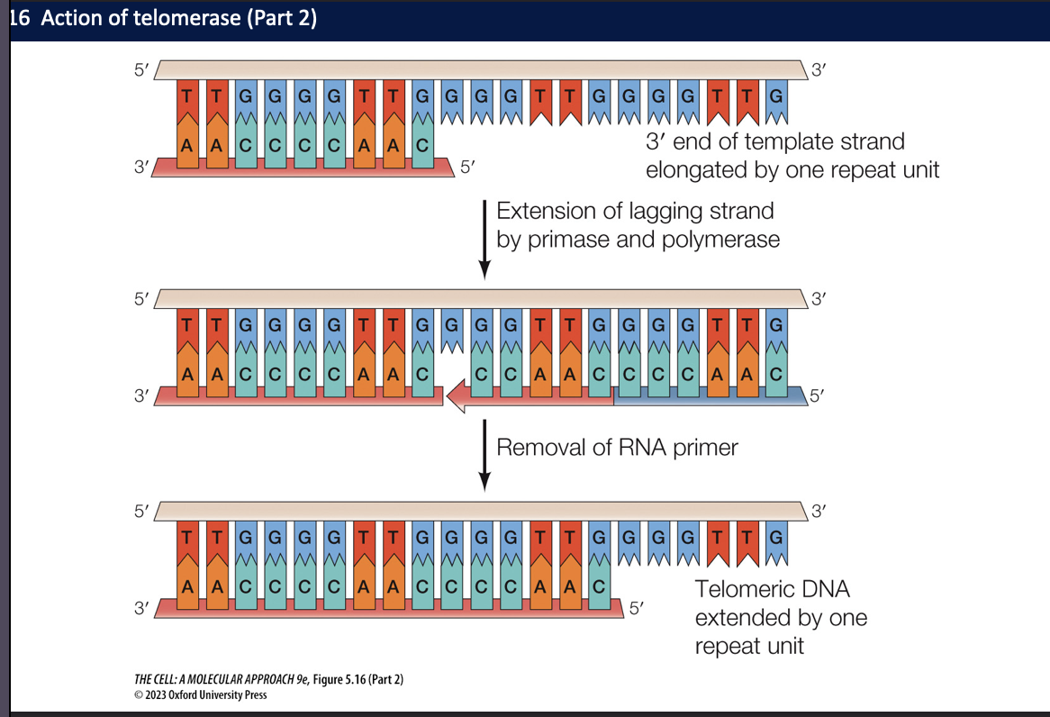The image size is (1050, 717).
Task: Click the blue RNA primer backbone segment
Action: pos(706,395)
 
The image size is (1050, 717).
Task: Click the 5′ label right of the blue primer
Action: pos(815,395)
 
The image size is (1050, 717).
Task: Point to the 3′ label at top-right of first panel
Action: pos(819,70)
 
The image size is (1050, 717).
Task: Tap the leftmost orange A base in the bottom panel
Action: pos(186,585)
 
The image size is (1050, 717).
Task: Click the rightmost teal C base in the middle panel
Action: pos(776,373)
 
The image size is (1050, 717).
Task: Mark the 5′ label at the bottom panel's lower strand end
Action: pos(636,608)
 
